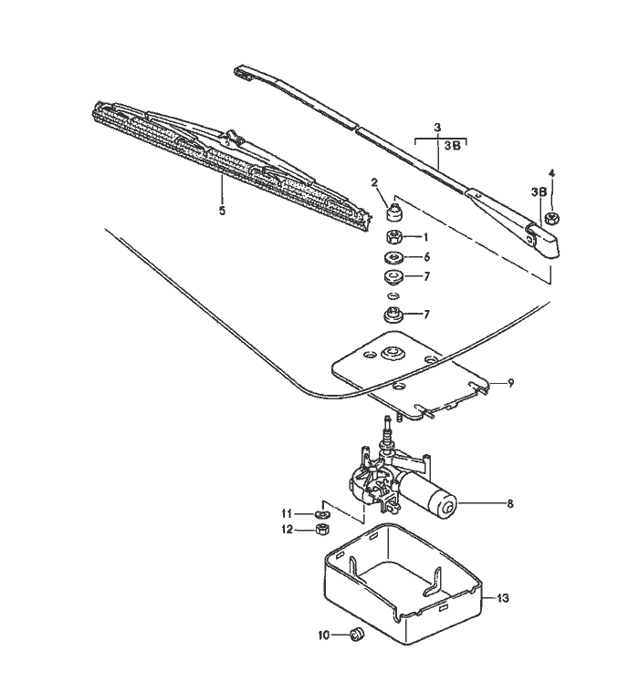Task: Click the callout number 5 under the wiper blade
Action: (x=221, y=209)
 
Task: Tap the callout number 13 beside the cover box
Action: (x=503, y=598)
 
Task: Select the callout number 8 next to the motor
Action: (x=509, y=502)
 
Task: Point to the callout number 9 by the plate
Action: (x=510, y=384)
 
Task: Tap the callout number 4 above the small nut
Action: (x=550, y=172)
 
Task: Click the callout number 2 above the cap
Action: (x=374, y=182)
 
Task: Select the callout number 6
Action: (x=425, y=257)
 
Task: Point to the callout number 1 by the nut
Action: (x=425, y=236)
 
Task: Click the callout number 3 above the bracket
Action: (x=437, y=127)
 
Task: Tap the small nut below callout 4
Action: (x=552, y=219)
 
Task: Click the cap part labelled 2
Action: (x=394, y=214)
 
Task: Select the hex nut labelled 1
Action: (x=394, y=237)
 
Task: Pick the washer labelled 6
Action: (x=394, y=257)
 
